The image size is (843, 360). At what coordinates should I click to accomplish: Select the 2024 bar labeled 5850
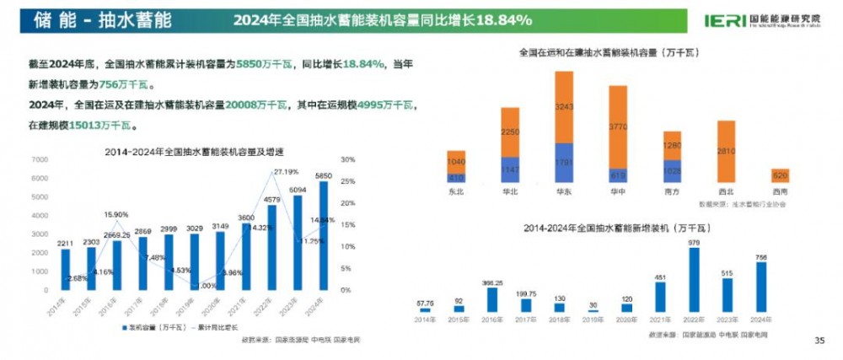324,236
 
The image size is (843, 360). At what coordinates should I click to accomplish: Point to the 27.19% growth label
286,171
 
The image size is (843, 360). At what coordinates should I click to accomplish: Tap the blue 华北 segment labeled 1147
510,169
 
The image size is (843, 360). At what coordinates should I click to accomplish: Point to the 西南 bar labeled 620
781,175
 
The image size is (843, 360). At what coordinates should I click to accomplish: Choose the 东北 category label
456,192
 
